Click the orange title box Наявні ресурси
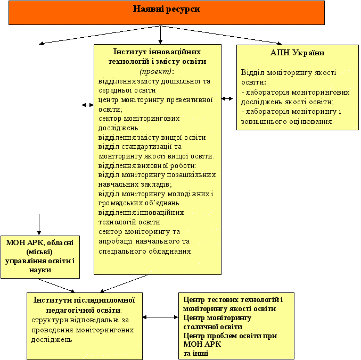[x=167, y=13]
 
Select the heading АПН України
[x=297, y=53]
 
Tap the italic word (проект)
[x=155, y=71]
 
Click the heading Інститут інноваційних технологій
[x=157, y=56]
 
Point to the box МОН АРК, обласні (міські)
[x=40, y=257]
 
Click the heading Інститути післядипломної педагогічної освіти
[x=84, y=305]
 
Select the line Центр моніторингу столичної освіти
[x=217, y=322]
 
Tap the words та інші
[x=196, y=353]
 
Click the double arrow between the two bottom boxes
[x=160, y=317]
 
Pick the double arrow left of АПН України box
[x=227, y=98]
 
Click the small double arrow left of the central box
[x=88, y=105]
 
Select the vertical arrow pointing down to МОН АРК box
[x=39, y=224]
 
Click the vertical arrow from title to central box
[x=160, y=35]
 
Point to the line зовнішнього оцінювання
[x=286, y=122]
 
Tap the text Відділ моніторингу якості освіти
[x=289, y=77]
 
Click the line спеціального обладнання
[x=145, y=252]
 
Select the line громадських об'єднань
[x=140, y=203]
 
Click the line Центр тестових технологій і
[x=233, y=300]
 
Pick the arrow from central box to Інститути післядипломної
[x=124, y=283]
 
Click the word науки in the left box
[x=40, y=270]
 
